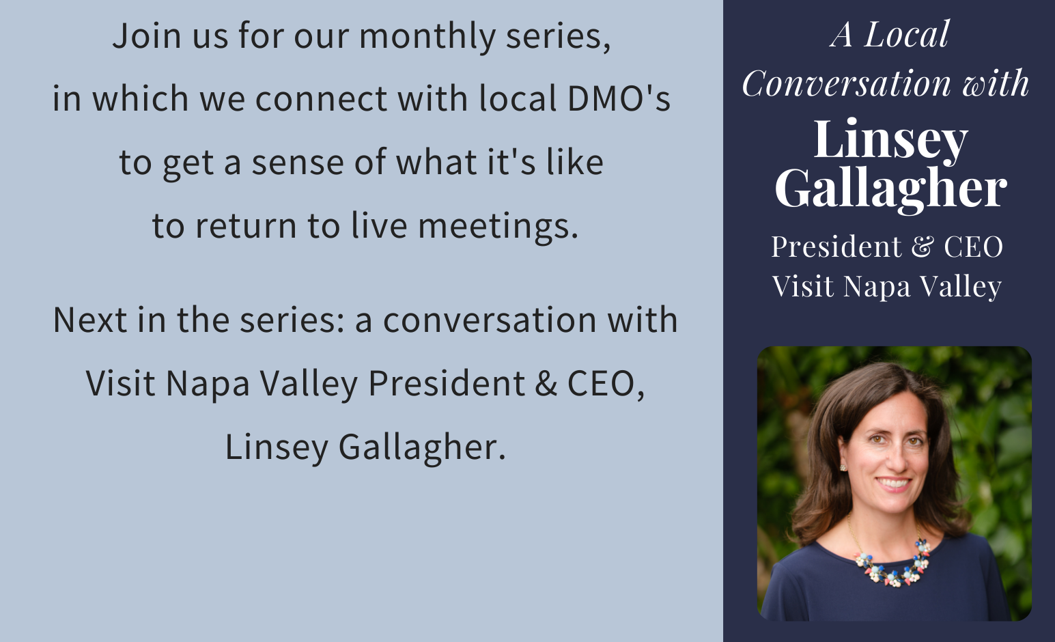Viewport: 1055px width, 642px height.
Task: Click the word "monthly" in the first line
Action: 427,37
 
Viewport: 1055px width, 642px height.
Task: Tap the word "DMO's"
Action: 619,99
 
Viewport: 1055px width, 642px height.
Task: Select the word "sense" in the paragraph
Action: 298,163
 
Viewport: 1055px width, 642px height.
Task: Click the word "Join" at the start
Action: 147,36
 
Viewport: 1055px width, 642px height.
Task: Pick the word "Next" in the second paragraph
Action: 90,320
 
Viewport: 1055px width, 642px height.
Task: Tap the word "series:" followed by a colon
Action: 292,320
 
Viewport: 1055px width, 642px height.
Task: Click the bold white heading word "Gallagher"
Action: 890,189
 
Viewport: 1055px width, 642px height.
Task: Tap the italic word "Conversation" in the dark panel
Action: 846,84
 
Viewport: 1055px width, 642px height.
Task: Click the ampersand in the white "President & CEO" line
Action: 922,246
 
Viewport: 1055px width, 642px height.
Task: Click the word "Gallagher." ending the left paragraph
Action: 422,447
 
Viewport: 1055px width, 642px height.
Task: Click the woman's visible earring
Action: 843,467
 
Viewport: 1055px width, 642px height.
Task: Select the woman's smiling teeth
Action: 894,484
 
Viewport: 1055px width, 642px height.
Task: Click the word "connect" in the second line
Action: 321,100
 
